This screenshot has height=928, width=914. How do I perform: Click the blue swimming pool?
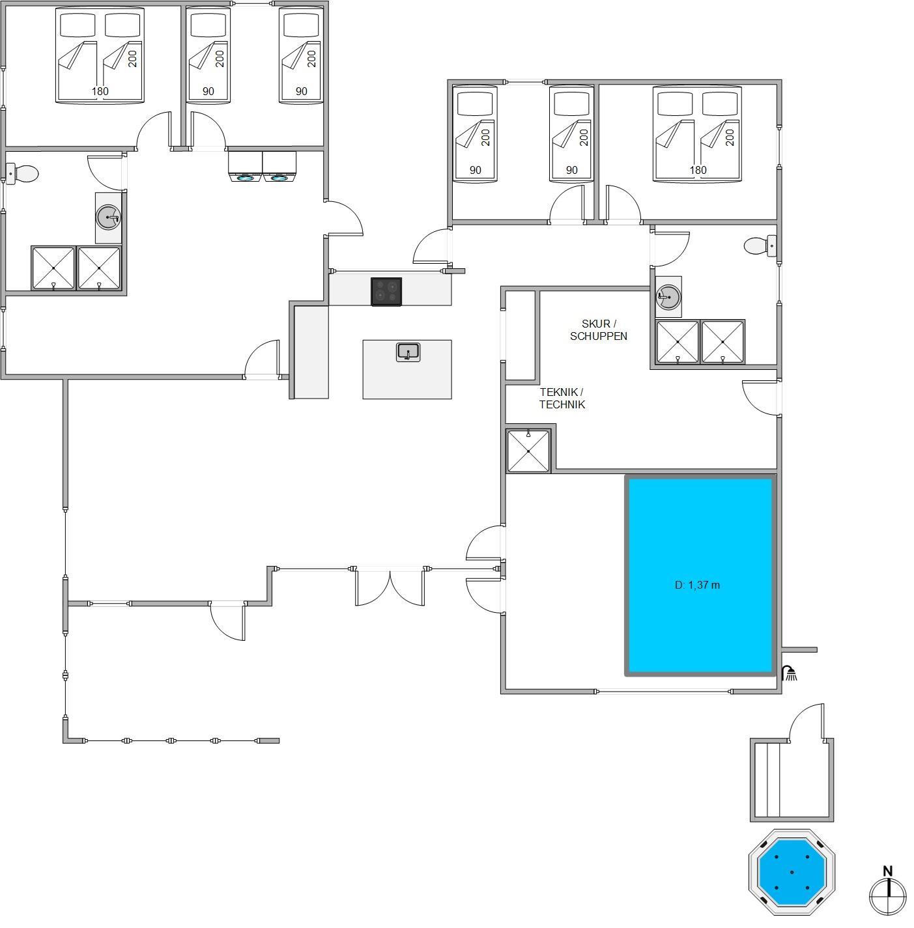click(x=700, y=575)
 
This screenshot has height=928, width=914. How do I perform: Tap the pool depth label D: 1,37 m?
click(x=697, y=585)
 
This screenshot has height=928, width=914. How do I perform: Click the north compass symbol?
click(x=887, y=895)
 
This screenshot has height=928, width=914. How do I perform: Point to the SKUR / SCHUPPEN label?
click(x=599, y=330)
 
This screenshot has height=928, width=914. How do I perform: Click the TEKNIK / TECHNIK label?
click(x=562, y=399)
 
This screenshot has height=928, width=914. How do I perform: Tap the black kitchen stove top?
click(x=386, y=291)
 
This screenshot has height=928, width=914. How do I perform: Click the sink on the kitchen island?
click(x=408, y=352)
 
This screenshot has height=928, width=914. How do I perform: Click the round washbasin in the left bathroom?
click(x=108, y=218)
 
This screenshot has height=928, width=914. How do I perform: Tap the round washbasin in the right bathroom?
click(x=668, y=297)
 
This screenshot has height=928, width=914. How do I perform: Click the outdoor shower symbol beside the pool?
click(x=790, y=673)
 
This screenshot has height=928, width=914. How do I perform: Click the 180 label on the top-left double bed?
click(x=100, y=91)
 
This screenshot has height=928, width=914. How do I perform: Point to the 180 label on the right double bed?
click(x=698, y=170)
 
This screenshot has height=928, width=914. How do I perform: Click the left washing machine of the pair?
click(x=245, y=167)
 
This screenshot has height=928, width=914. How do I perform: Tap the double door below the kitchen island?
click(x=390, y=587)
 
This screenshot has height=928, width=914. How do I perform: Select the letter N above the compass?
click(x=887, y=871)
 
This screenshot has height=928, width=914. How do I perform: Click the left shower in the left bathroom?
click(x=53, y=268)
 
